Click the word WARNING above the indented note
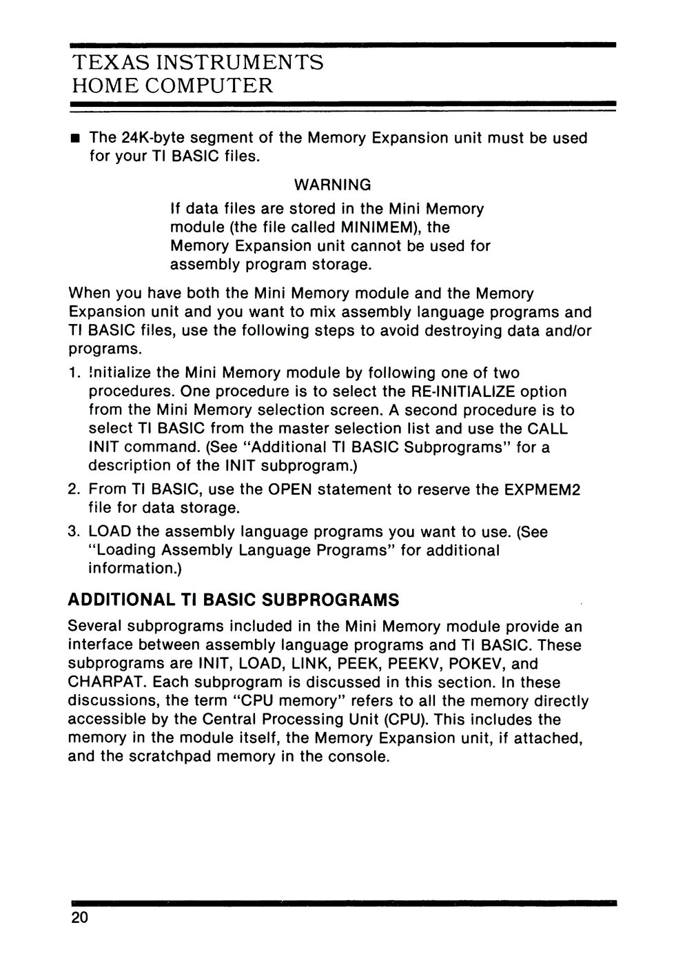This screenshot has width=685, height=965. click(x=332, y=185)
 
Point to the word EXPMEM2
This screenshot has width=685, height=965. click(x=542, y=490)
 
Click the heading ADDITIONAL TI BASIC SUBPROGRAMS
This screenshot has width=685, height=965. click(x=234, y=600)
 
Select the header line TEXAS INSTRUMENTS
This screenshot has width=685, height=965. click(x=198, y=63)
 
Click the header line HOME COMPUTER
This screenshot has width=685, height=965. click(x=172, y=86)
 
